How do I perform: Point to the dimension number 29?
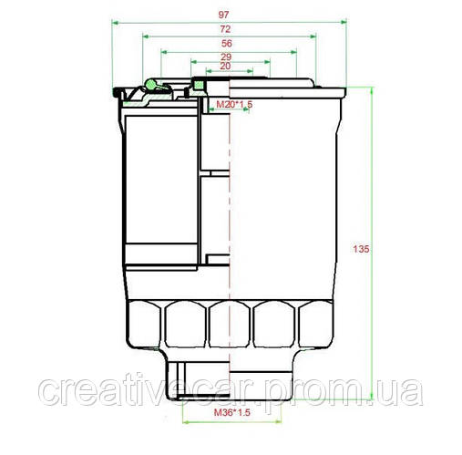pos(226,57)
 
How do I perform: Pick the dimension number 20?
pos(226,67)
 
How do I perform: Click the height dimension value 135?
pos(360,249)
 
